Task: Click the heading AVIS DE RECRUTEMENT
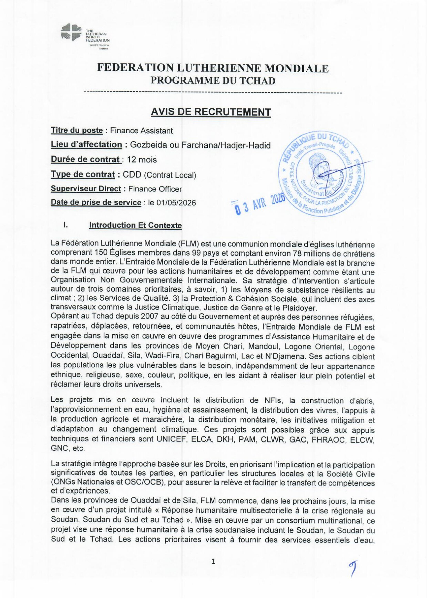click(x=211, y=112)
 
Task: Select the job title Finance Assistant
click(x=141, y=131)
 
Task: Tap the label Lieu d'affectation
click(x=86, y=145)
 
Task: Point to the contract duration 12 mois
click(x=142, y=160)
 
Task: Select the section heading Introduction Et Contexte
click(x=136, y=225)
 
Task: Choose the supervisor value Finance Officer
click(x=155, y=189)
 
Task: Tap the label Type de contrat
click(x=83, y=175)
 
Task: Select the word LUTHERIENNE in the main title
click(x=219, y=68)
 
